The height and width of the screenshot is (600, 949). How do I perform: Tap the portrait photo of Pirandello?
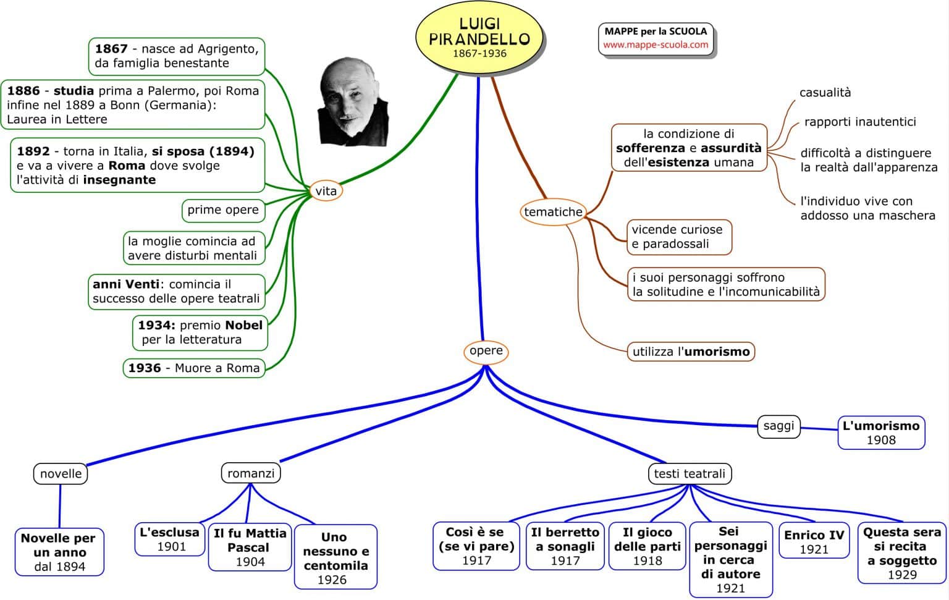tap(353, 102)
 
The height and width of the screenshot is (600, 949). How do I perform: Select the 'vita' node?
tap(326, 191)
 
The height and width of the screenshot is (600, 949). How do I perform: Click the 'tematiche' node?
tap(553, 212)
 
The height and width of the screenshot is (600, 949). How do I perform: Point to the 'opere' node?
tap(486, 351)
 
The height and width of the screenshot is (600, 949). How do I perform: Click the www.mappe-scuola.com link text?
tap(656, 45)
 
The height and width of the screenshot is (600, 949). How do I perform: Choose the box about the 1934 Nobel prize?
tap(200, 332)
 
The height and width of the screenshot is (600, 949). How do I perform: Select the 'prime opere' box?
tap(223, 210)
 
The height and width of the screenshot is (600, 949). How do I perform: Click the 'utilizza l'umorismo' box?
tap(691, 352)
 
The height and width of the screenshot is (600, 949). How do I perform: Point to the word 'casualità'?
tap(825, 93)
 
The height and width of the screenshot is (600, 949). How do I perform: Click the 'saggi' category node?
tap(778, 426)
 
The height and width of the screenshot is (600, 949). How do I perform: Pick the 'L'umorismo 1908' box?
tap(881, 433)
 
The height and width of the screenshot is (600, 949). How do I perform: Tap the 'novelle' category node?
tap(61, 474)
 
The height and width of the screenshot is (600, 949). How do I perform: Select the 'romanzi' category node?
tap(251, 473)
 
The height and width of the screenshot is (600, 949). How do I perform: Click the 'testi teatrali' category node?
tap(690, 474)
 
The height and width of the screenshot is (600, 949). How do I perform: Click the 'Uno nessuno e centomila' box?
tap(335, 557)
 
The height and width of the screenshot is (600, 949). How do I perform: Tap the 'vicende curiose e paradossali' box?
tap(678, 237)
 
